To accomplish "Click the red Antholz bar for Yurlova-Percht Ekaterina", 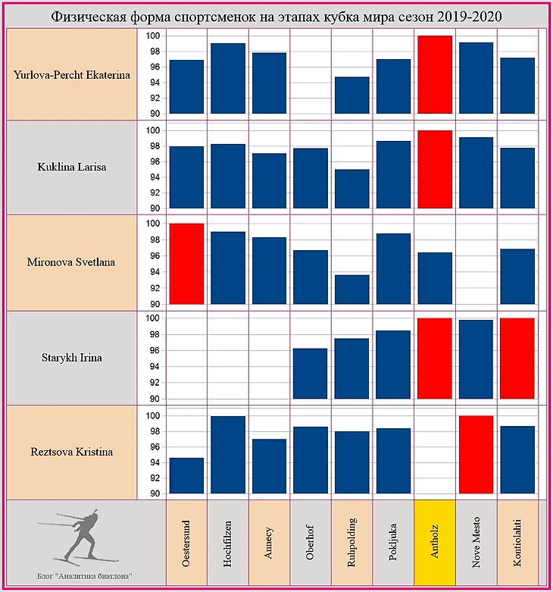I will (434, 74).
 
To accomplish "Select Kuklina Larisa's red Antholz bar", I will (434, 169).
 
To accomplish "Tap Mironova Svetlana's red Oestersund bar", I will (186, 264).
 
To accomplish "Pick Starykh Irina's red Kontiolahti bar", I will (517, 359).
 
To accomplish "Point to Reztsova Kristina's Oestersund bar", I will (186, 475).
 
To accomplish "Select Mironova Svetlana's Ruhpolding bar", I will (351, 290).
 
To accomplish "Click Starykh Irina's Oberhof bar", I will (310, 374).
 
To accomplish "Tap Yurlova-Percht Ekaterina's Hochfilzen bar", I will (227, 78).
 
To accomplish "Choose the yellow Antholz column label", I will (434, 543).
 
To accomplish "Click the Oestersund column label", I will (186, 543).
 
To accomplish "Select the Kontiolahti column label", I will (517, 543).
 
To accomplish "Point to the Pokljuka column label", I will (392, 543).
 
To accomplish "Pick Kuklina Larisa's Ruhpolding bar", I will (351, 189).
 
